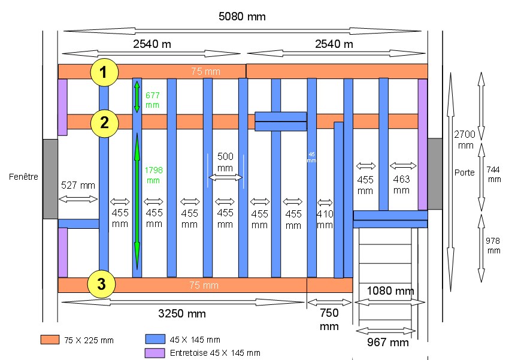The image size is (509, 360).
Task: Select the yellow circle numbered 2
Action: (104, 123)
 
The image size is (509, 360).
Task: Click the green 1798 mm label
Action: (153, 175)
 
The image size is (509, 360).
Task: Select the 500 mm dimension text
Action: (225, 162)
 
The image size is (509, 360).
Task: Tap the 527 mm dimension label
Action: (78, 186)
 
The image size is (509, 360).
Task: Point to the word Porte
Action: (464, 173)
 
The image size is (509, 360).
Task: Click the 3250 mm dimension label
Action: (181, 314)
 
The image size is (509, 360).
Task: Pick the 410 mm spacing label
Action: (325, 219)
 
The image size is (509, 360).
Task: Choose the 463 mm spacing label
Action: (402, 184)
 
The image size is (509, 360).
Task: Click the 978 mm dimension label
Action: (493, 245)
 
